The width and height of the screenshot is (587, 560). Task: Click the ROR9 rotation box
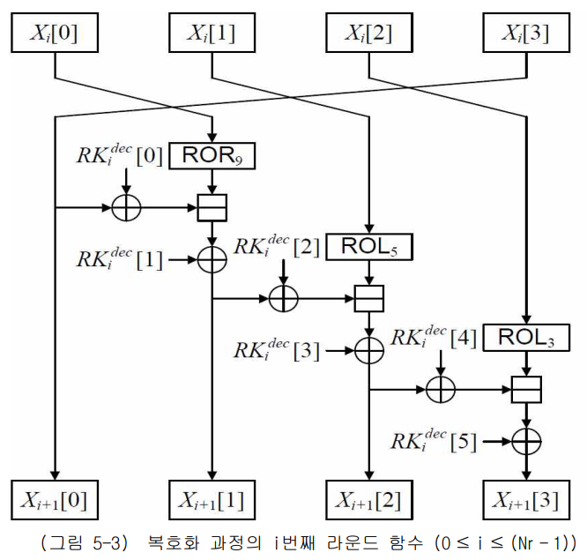212,155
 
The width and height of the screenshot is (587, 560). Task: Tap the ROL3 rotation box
526,336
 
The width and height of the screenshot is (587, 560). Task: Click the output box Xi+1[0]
55,500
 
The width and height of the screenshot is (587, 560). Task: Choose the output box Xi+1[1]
212,500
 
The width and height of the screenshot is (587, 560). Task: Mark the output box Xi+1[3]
526,500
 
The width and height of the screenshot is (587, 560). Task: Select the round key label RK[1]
118,259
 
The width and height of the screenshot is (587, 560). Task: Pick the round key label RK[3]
276,351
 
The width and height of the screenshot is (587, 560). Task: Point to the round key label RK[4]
433,335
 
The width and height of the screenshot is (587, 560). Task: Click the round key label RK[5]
433,439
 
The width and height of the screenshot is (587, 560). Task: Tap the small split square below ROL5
369,298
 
